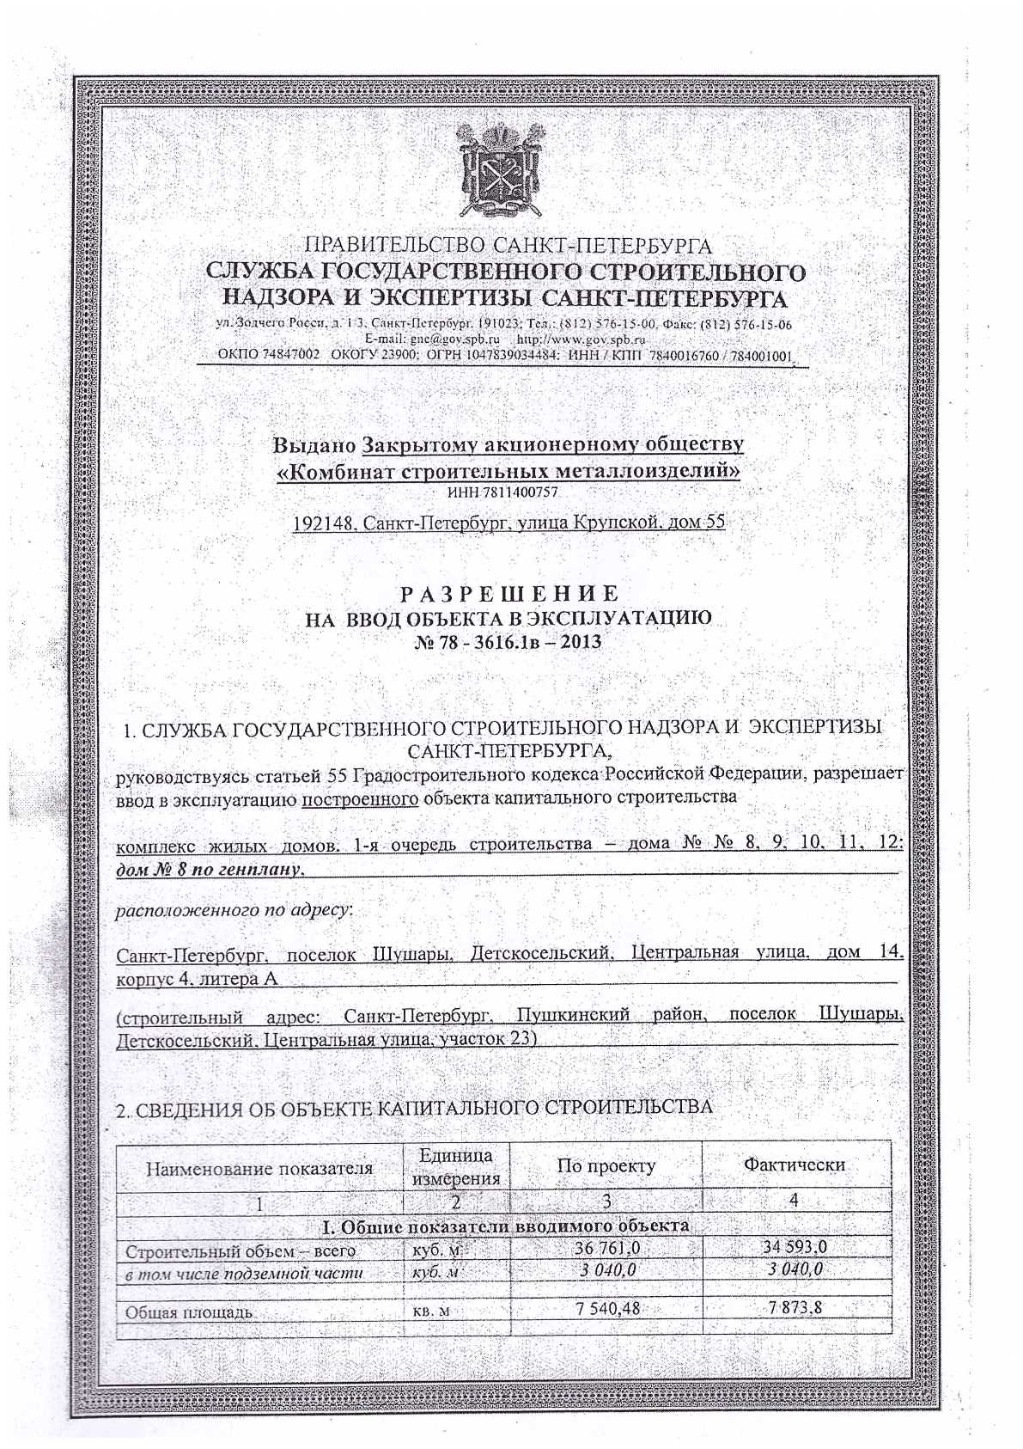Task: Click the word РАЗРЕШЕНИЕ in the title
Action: [x=508, y=594]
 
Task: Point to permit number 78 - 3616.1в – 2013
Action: [x=508, y=642]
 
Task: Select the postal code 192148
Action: [x=321, y=522]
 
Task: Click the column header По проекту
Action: [x=606, y=1166]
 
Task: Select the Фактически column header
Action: [x=795, y=1165]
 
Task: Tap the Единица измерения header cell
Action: [x=456, y=1166]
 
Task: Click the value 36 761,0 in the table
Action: [x=606, y=1248]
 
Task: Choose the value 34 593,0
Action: [x=795, y=1247]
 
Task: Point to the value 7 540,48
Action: [x=606, y=1309]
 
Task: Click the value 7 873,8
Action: [x=796, y=1309]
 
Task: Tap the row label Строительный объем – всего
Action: [x=241, y=1251]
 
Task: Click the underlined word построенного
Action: [x=361, y=797]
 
